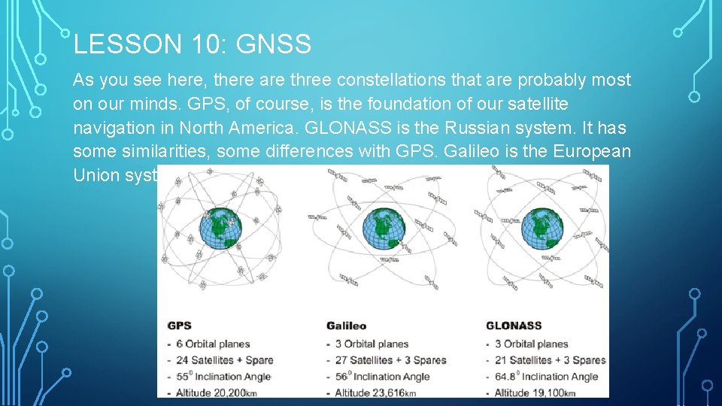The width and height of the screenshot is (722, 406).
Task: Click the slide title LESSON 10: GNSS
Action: pyautogui.click(x=192, y=45)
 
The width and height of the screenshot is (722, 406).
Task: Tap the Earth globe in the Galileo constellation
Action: pyautogui.click(x=384, y=229)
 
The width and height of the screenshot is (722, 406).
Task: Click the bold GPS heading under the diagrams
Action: pyautogui.click(x=179, y=326)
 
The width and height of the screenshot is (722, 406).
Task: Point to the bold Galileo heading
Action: pyautogui.click(x=346, y=326)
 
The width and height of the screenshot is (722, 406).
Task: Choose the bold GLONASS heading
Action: pyautogui.click(x=514, y=326)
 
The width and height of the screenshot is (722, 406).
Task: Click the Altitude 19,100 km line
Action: pyautogui.click(x=535, y=392)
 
